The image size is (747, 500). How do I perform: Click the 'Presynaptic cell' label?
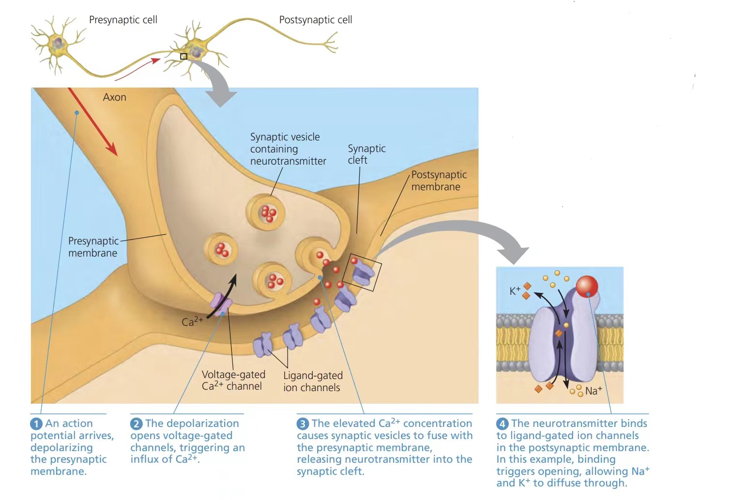tap(123, 20)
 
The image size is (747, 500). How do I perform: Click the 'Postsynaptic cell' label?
tap(315, 20)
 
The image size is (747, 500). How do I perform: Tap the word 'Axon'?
tap(114, 97)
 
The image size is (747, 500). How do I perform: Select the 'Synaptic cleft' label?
tap(366, 154)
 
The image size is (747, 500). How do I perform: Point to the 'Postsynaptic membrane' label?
tap(439, 181)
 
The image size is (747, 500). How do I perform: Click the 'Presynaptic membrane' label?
tap(93, 247)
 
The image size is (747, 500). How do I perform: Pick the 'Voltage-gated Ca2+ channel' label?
tap(233, 380)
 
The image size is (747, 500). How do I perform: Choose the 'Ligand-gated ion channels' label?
tap(312, 381)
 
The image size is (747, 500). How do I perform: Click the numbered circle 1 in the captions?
tap(36, 424)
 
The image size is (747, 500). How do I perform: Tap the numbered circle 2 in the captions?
tap(136, 424)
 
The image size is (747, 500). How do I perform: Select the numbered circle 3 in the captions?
tap(303, 424)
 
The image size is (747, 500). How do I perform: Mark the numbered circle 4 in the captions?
tap(502, 424)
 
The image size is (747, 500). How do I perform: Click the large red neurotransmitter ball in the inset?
tap(587, 287)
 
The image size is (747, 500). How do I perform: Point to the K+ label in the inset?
tap(515, 291)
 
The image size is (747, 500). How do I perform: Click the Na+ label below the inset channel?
tap(593, 391)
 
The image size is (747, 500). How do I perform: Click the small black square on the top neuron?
tap(183, 57)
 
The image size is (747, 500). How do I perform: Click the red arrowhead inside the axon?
tap(112, 150)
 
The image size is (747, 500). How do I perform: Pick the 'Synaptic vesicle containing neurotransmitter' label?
tap(288, 149)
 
